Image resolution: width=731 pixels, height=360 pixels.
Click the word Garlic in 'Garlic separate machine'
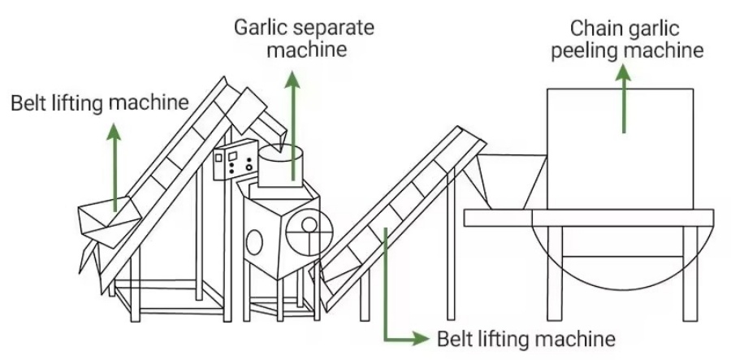click(257, 27)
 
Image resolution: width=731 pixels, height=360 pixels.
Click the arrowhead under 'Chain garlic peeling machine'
click(624, 73)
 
